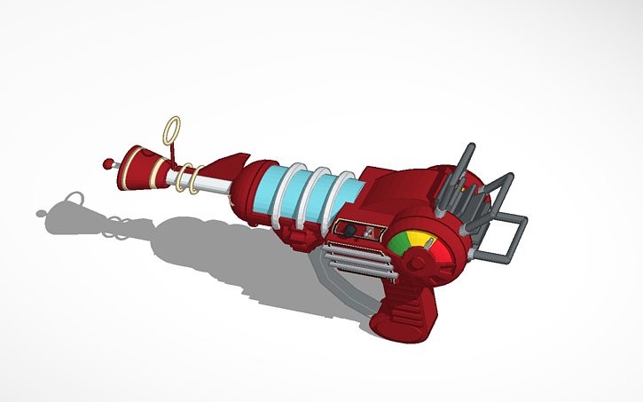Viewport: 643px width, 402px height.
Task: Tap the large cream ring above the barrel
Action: [172, 131]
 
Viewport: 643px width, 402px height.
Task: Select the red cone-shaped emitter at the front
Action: [142, 165]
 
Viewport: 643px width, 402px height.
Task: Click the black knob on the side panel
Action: [350, 231]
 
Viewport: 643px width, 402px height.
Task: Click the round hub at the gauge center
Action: [413, 258]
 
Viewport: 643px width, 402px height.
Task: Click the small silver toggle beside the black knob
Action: [364, 233]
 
